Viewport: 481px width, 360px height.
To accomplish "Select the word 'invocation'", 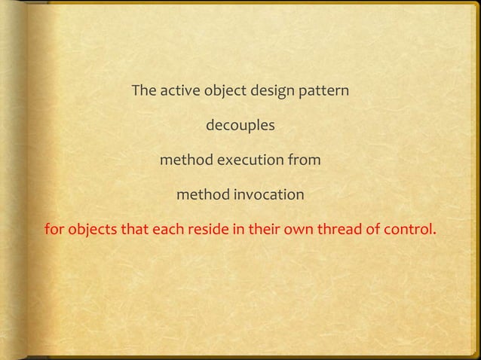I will [x=268, y=196].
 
